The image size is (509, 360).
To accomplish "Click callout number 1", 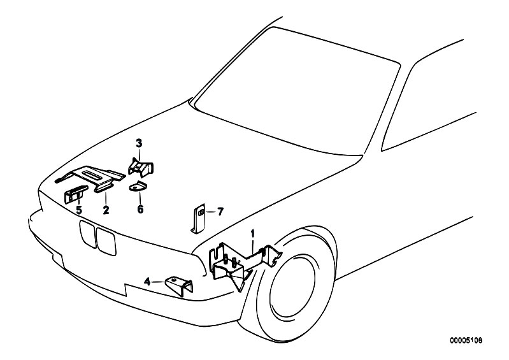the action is pyautogui.click(x=253, y=234).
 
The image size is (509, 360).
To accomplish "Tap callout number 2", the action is pyautogui.click(x=106, y=210).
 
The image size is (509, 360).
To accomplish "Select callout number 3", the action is pyautogui.click(x=139, y=143).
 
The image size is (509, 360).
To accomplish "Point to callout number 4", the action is pyautogui.click(x=148, y=282).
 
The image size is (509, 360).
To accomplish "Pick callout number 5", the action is pyautogui.click(x=79, y=210).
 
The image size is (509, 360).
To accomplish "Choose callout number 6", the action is pyautogui.click(x=140, y=209).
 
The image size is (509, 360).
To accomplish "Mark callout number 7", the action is pyautogui.click(x=220, y=212).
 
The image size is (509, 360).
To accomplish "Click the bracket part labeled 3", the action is pyautogui.click(x=141, y=166).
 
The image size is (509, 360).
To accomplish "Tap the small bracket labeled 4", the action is pyautogui.click(x=179, y=285).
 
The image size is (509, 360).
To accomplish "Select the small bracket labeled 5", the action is pyautogui.click(x=76, y=194).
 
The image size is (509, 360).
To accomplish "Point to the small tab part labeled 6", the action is pyautogui.click(x=138, y=186).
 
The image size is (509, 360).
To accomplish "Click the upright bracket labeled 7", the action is pyautogui.click(x=197, y=219).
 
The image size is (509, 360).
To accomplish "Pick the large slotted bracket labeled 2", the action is pyautogui.click(x=90, y=178).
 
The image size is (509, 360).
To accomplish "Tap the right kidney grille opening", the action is pyautogui.click(x=106, y=241).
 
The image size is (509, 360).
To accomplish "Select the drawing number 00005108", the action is pyautogui.click(x=466, y=340).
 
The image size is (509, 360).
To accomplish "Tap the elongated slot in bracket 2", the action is pyautogui.click(x=92, y=174).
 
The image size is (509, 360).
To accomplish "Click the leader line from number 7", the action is pyautogui.click(x=210, y=212).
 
